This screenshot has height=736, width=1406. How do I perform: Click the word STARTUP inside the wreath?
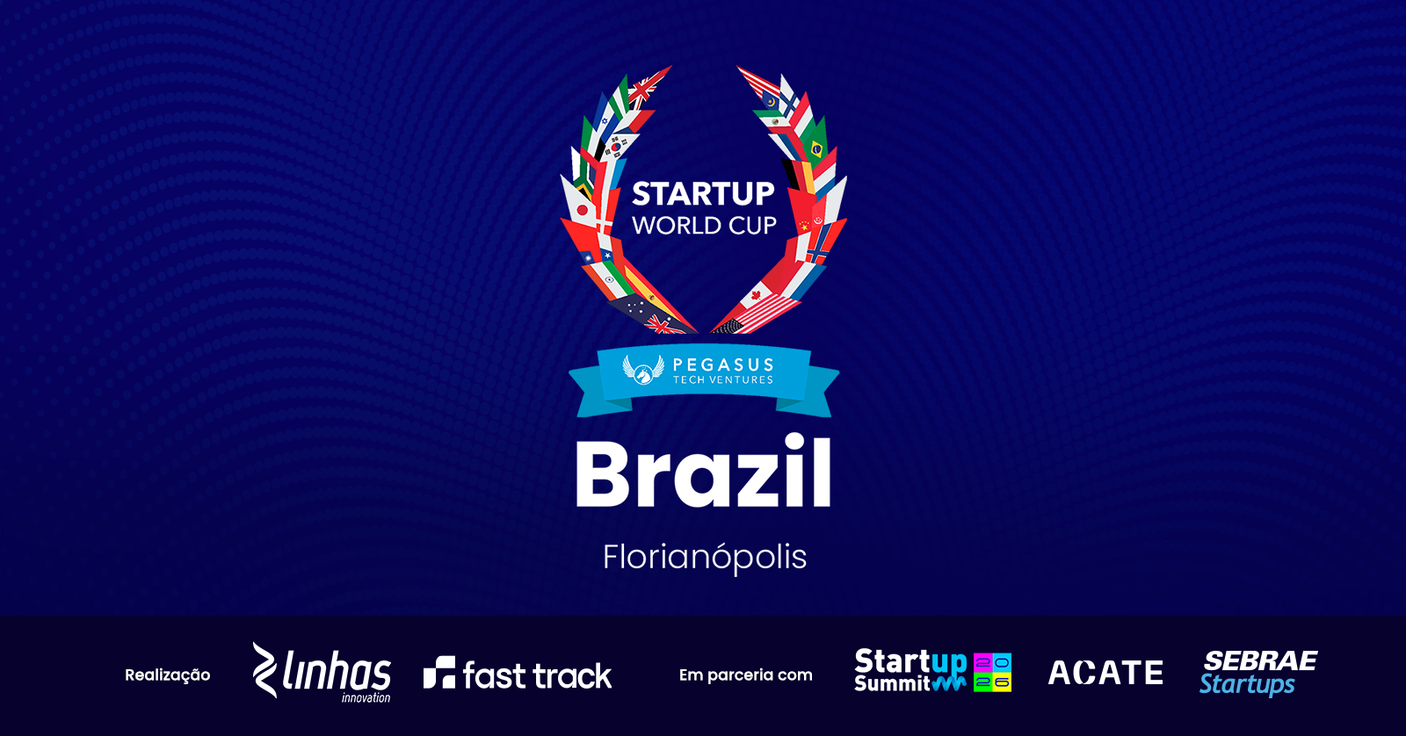pyautogui.click(x=703, y=194)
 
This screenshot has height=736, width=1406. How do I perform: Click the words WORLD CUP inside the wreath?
pyautogui.click(x=704, y=226)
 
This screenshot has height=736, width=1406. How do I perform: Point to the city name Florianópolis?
pyautogui.click(x=704, y=557)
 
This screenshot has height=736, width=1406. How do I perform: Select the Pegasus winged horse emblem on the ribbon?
pyautogui.click(x=642, y=370)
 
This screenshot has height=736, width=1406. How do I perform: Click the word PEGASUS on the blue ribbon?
pyautogui.click(x=723, y=364)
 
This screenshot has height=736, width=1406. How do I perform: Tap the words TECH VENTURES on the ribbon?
pyautogui.click(x=723, y=379)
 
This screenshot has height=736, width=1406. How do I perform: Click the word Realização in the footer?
pyautogui.click(x=168, y=675)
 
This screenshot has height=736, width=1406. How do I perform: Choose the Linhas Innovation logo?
pyautogui.click(x=322, y=673)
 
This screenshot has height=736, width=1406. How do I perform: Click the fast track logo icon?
pyautogui.click(x=439, y=673)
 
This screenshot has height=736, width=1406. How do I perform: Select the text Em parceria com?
pyautogui.click(x=746, y=675)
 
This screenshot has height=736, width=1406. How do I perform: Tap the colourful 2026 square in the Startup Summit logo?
pyautogui.click(x=992, y=673)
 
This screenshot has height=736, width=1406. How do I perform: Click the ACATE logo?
pyautogui.click(x=1106, y=673)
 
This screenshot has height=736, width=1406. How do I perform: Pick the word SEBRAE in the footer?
pyautogui.click(x=1260, y=660)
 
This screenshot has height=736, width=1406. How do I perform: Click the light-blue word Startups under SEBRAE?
pyautogui.click(x=1247, y=684)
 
